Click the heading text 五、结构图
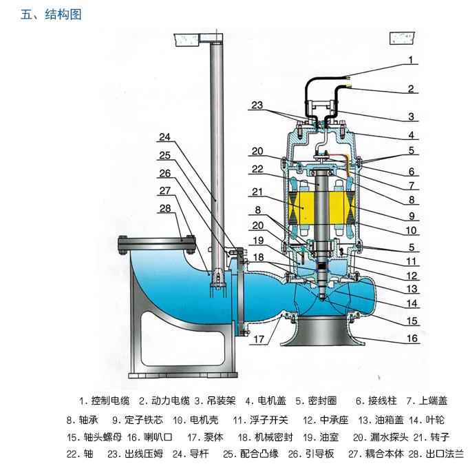51,14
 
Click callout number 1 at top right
411,60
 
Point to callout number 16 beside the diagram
411,338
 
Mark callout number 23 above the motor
257,105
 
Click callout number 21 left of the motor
257,192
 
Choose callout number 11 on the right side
411,263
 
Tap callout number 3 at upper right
411,116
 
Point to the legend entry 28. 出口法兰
436,454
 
